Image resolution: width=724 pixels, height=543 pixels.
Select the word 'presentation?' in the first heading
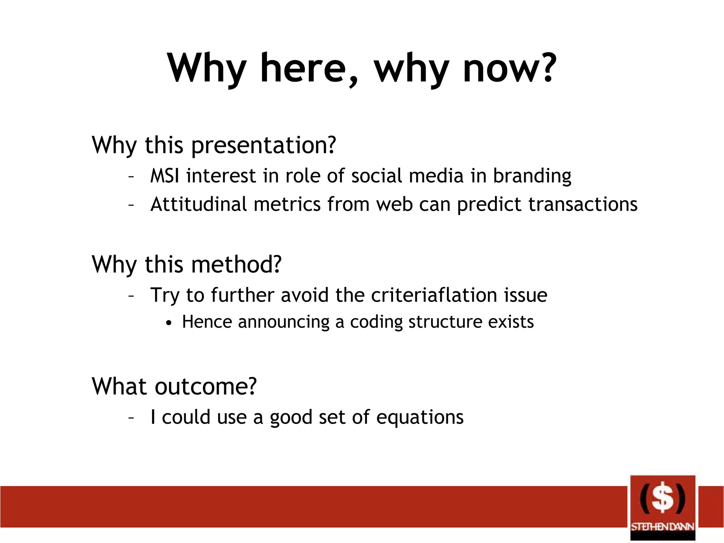click(263, 146)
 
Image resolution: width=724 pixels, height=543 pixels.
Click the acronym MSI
click(164, 176)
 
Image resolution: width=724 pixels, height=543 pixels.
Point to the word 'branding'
click(532, 176)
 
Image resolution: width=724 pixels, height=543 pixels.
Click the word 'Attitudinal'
click(198, 204)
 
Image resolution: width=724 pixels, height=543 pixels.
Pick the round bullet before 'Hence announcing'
click(169, 323)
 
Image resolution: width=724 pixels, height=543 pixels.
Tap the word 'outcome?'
click(205, 386)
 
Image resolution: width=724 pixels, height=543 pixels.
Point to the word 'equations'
click(420, 418)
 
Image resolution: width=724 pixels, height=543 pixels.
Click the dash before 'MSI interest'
click(131, 176)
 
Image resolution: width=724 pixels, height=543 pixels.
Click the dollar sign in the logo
click(662, 498)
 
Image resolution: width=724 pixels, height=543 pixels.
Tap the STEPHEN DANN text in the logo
click(662, 527)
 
